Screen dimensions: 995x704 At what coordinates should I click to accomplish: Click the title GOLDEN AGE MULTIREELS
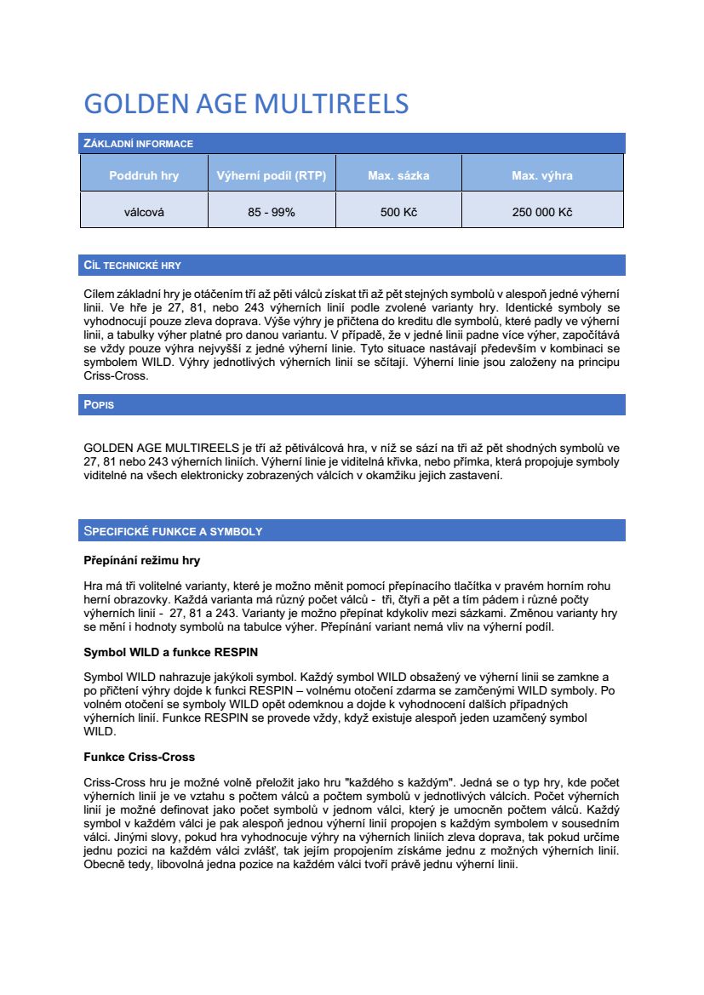point(246,104)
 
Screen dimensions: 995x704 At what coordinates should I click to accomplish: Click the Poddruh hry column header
point(144,176)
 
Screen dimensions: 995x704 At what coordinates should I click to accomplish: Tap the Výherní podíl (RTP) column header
point(272,176)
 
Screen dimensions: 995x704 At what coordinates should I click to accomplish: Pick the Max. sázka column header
point(398,176)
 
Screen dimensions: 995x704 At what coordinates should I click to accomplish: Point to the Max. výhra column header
point(541,176)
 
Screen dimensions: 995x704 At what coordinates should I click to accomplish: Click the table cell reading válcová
point(144,212)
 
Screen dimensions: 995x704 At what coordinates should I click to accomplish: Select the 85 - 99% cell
point(272,212)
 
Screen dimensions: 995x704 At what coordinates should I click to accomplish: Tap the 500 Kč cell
point(398,212)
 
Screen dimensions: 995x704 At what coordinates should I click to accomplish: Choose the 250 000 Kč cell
point(541,212)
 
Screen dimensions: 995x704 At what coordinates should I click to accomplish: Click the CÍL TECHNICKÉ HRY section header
point(132,266)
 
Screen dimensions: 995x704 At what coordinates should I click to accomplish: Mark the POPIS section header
point(99,405)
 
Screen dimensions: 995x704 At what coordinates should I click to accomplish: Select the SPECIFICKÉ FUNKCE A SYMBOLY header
point(173,531)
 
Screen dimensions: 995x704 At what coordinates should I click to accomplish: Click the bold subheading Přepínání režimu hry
point(141,561)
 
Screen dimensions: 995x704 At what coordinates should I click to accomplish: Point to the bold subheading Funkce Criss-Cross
point(139,757)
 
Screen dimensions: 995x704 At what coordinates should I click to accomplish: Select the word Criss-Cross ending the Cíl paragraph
point(116,375)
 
